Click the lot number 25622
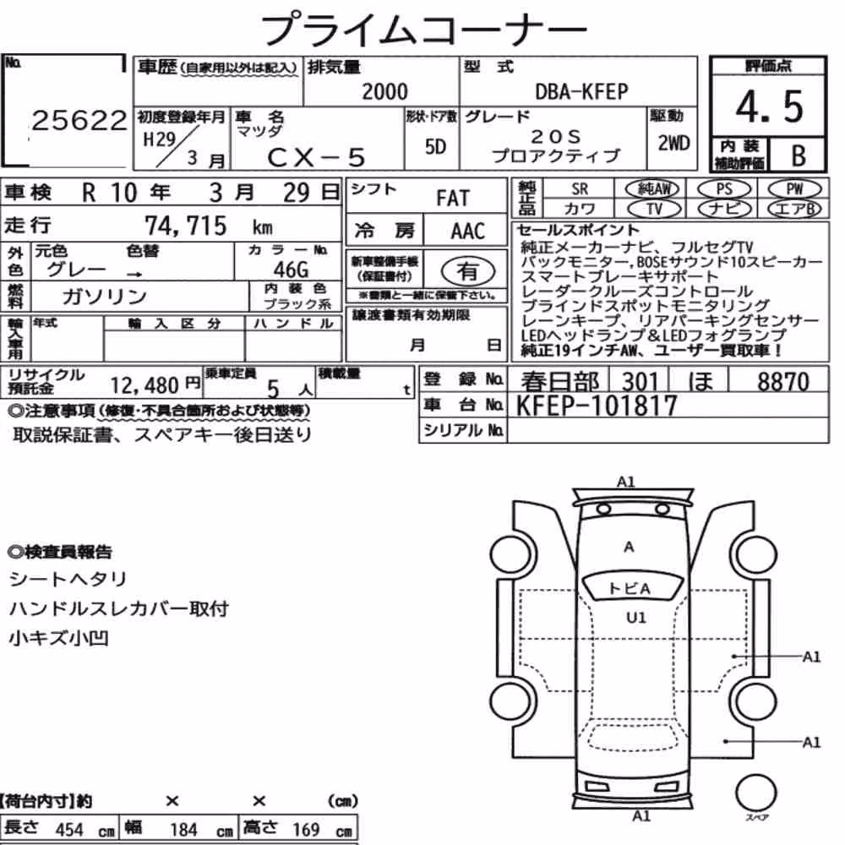[x=79, y=120]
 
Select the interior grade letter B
[x=799, y=155]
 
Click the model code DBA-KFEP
[x=581, y=91]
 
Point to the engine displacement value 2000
[x=384, y=91]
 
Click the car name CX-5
[x=316, y=157]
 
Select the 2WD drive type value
[x=673, y=143]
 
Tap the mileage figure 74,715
[x=186, y=226]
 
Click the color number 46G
[x=291, y=269]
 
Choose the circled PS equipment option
[x=724, y=189]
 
